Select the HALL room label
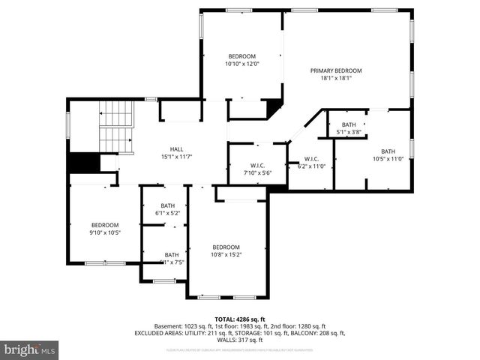pyautogui.click(x=176, y=148)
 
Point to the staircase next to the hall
pyautogui.click(x=115, y=126)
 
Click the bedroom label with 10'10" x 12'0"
pyautogui.click(x=241, y=56)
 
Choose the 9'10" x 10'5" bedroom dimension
pyautogui.click(x=105, y=232)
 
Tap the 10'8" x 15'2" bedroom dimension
pyautogui.click(x=226, y=254)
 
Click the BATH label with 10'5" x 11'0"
pyautogui.click(x=388, y=151)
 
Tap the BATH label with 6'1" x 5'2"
pyautogui.click(x=167, y=205)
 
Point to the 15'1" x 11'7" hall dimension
pyautogui.click(x=176, y=156)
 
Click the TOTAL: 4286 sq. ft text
pyautogui.click(x=239, y=319)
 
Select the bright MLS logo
pyautogui.click(x=30, y=349)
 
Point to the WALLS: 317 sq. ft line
pyautogui.click(x=239, y=340)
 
